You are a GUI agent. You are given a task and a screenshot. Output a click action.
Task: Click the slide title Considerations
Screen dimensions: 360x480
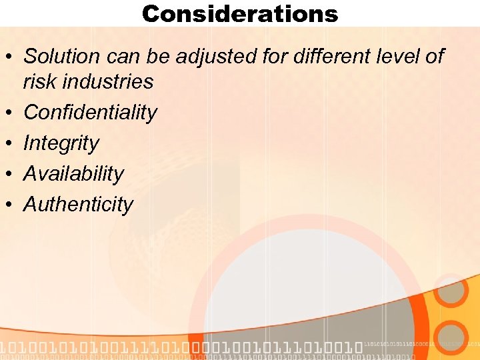240,13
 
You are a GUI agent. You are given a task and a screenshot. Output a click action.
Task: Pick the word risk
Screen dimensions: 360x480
38,82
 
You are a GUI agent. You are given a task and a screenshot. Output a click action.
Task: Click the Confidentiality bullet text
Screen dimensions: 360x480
90,113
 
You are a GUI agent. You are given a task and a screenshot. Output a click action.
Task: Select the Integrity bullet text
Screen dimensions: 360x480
61,143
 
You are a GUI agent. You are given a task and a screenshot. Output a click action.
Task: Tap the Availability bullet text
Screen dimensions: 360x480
73,174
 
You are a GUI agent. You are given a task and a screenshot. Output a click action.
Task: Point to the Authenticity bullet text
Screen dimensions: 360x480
78,205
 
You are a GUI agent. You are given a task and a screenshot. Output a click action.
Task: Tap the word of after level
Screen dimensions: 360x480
434,57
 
